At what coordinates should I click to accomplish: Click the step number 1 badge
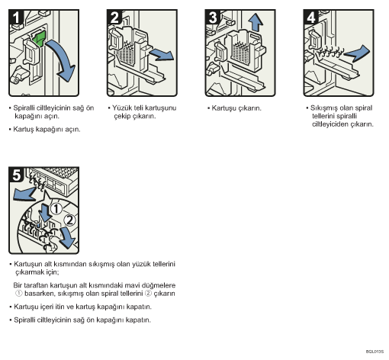coord(16,18)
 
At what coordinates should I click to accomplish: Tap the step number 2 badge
coord(114,18)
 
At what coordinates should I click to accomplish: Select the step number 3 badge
coord(213,18)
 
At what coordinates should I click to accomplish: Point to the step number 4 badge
coord(310,18)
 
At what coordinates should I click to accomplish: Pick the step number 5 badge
coord(16,175)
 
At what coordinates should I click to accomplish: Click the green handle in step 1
coord(40,38)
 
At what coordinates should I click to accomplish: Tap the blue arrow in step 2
coord(162,54)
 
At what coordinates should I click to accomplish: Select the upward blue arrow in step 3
coord(255,23)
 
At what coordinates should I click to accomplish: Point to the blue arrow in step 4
coord(357,53)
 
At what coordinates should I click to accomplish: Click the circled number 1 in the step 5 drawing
coord(56,209)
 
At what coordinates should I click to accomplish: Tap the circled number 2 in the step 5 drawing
coord(69,220)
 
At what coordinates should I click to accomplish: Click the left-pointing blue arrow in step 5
coord(24,194)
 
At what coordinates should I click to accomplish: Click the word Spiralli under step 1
coord(24,108)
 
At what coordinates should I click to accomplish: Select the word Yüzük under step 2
coord(121,108)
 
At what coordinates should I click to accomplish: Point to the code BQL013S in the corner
coord(375,352)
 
